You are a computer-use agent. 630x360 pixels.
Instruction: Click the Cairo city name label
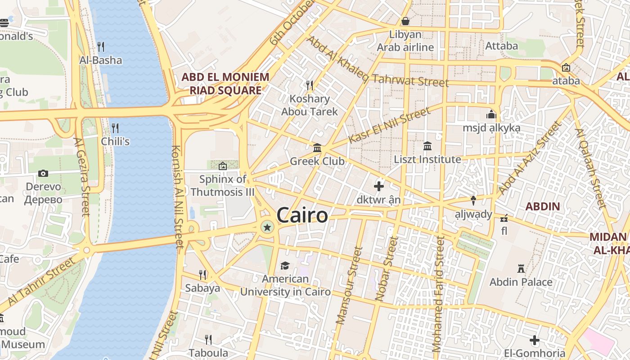(302, 216)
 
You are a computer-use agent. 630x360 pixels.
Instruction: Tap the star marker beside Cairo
(267, 227)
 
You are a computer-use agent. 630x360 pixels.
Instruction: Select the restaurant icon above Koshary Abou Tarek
(310, 85)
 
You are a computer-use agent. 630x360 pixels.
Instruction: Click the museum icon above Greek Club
(317, 148)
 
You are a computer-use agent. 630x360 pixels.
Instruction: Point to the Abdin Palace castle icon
(521, 269)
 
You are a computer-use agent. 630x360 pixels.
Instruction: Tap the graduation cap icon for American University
(285, 266)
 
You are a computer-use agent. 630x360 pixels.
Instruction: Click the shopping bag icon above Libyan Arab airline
(405, 21)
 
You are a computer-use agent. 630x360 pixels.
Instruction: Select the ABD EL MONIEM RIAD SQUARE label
(225, 84)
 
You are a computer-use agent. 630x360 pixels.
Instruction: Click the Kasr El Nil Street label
(389, 126)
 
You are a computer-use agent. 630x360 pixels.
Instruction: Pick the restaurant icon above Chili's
(115, 128)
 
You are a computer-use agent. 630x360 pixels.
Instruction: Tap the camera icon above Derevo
(43, 173)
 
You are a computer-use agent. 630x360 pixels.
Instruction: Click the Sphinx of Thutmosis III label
(223, 185)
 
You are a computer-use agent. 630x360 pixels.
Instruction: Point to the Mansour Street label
(349, 285)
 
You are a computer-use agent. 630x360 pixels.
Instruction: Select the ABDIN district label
(543, 207)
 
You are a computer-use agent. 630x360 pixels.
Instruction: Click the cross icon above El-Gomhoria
(535, 340)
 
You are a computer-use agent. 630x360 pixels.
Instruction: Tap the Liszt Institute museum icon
(427, 146)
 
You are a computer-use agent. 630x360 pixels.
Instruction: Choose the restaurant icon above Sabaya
(203, 274)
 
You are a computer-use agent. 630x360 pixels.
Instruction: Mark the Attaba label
(501, 46)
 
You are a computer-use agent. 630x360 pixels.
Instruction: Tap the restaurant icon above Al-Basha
(101, 46)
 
